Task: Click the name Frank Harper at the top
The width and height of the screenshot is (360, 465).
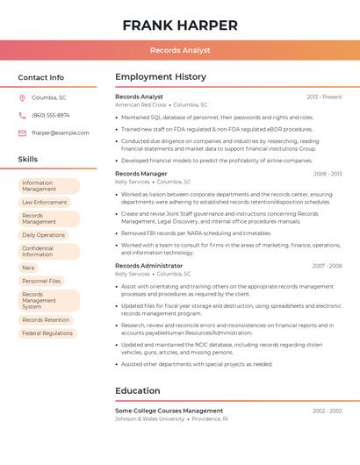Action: (180, 25)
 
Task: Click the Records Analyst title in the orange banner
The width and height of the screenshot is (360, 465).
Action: (180, 50)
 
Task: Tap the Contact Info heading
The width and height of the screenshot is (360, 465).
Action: (41, 77)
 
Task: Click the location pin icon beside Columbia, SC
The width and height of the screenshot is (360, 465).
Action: (22, 97)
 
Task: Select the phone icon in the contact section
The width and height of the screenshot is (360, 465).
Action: (22, 115)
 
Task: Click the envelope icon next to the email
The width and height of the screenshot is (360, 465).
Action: (22, 132)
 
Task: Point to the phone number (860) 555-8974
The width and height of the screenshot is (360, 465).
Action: (51, 115)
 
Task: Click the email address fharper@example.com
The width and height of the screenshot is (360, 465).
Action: (61, 132)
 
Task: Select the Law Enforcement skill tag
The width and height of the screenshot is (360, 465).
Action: (45, 202)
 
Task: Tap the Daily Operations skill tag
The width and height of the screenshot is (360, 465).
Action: (44, 235)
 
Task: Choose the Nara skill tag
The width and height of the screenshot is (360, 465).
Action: (29, 268)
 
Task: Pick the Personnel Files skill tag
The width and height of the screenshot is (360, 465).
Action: (42, 281)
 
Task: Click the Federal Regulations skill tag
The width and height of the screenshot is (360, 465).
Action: (47, 333)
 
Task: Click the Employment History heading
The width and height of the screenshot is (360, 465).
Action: (161, 77)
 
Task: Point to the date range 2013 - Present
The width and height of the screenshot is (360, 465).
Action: (324, 97)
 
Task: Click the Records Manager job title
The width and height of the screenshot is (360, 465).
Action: (140, 174)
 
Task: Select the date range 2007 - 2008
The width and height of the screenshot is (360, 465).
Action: (327, 265)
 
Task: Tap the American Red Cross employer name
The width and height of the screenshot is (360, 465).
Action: (140, 104)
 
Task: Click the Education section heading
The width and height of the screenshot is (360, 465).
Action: (138, 390)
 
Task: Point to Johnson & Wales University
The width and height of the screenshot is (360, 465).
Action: (150, 419)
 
